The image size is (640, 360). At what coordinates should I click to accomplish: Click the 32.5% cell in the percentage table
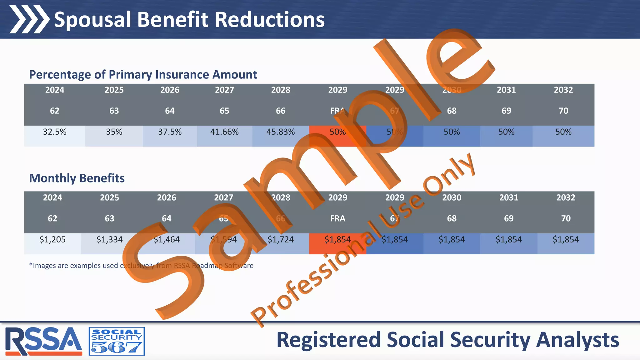pyautogui.click(x=55, y=132)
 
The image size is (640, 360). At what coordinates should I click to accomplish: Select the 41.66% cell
pyautogui.click(x=224, y=132)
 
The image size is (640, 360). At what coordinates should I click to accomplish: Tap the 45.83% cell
pyautogui.click(x=280, y=132)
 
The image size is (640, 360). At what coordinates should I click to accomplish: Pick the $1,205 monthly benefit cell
pyautogui.click(x=52, y=240)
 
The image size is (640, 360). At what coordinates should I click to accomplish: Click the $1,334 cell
pyautogui.click(x=109, y=240)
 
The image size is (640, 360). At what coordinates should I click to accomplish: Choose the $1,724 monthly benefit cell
pyautogui.click(x=280, y=240)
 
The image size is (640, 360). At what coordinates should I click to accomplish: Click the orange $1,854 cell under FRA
pyautogui.click(x=337, y=240)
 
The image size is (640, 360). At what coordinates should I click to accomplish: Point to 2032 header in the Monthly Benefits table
pyautogui.click(x=566, y=197)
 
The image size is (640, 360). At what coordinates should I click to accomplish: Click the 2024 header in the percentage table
pyautogui.click(x=55, y=90)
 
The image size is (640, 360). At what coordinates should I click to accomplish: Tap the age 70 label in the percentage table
pyautogui.click(x=563, y=111)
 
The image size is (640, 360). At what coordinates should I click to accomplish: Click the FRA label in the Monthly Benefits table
pyautogui.click(x=337, y=218)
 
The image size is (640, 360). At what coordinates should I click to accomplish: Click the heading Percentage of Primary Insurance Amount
pyautogui.click(x=143, y=75)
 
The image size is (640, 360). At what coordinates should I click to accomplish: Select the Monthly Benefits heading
pyautogui.click(x=77, y=178)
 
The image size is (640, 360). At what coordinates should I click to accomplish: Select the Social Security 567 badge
pyautogui.click(x=117, y=341)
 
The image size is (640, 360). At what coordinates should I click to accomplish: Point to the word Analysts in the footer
pyautogui.click(x=577, y=340)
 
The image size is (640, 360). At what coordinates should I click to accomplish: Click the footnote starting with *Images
pyautogui.click(x=141, y=266)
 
